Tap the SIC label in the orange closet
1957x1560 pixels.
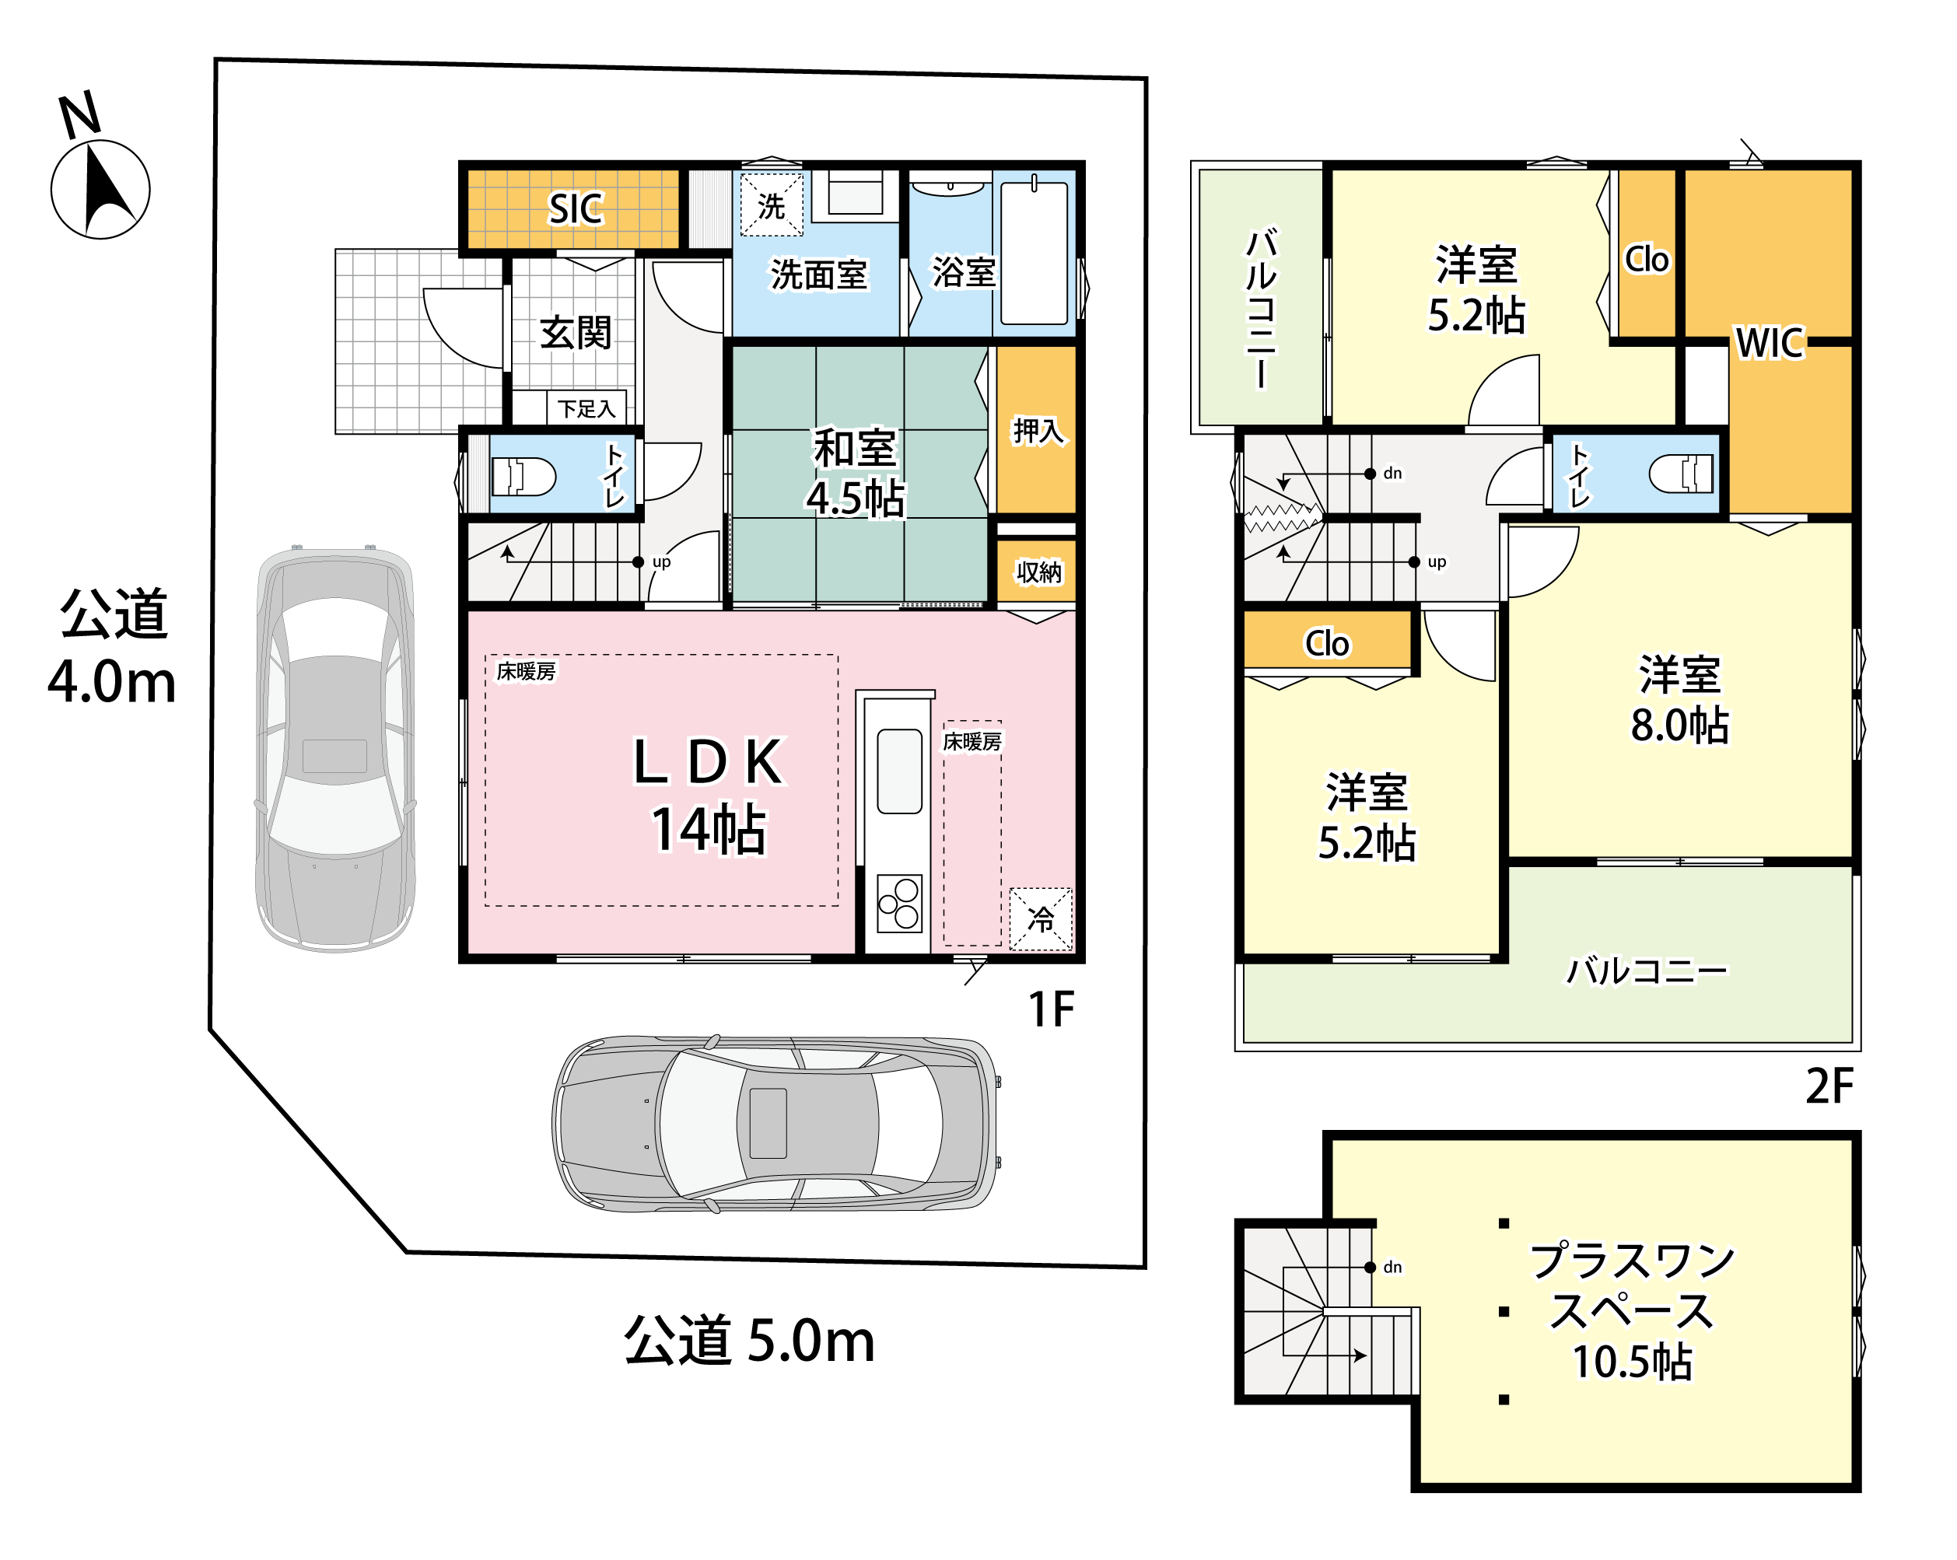pyautogui.click(x=576, y=208)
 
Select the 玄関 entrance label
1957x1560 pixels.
pyautogui.click(x=576, y=332)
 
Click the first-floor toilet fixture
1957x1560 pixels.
pyautogui.click(x=523, y=475)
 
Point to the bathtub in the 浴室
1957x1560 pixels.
pyautogui.click(x=1034, y=251)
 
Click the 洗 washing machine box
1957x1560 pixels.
pyautogui.click(x=772, y=205)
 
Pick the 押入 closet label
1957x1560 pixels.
pyautogui.click(x=1038, y=430)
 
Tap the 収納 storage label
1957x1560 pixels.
pyautogui.click(x=1038, y=572)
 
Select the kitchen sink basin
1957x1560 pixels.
pyautogui.click(x=899, y=771)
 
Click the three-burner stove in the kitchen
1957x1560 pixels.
pyautogui.click(x=899, y=903)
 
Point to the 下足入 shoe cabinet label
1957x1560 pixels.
pyautogui.click(x=586, y=409)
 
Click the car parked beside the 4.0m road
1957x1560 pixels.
pyautogui.click(x=335, y=749)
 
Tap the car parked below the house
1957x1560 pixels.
pyautogui.click(x=777, y=1124)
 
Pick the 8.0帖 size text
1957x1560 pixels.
pyautogui.click(x=1679, y=725)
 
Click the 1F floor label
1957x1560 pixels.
pyautogui.click(x=1051, y=1009)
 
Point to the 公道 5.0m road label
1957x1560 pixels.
pyautogui.click(x=750, y=1341)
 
